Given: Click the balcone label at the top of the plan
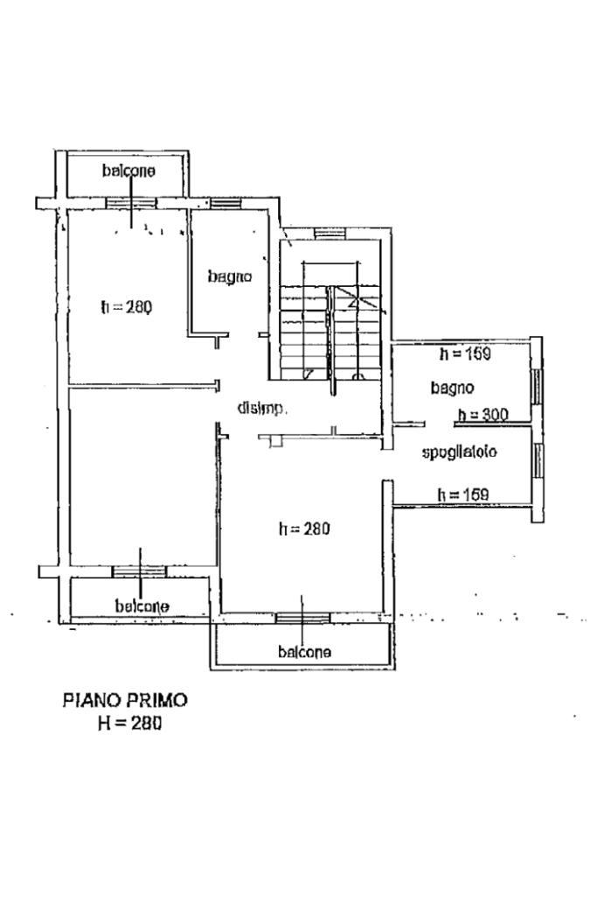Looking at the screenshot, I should coord(128,171).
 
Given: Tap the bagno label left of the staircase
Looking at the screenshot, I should coord(230,277).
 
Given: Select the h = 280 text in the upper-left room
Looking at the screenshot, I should coord(127,307).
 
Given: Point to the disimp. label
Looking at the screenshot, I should coord(262,408).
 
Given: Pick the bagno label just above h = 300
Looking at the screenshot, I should coord(452,387).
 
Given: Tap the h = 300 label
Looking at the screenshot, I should coord(483,415).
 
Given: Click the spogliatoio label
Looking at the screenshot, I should coord(460,452).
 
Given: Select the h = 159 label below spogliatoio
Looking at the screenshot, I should coord(462,495).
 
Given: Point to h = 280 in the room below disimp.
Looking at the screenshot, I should coord(304,529).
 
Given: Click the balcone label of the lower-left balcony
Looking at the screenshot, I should coord(142,606).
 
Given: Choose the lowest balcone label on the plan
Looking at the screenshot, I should coord(304,651).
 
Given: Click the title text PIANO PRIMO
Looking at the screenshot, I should coord(125,700).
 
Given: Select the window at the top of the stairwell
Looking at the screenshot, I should coord(330,234).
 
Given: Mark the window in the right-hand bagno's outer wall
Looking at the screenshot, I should coord(537,382).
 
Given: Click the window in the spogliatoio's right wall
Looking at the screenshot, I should coord(538,460).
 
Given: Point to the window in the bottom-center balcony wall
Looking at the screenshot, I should coord(302,618).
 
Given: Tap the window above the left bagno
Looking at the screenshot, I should coord(225,204).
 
